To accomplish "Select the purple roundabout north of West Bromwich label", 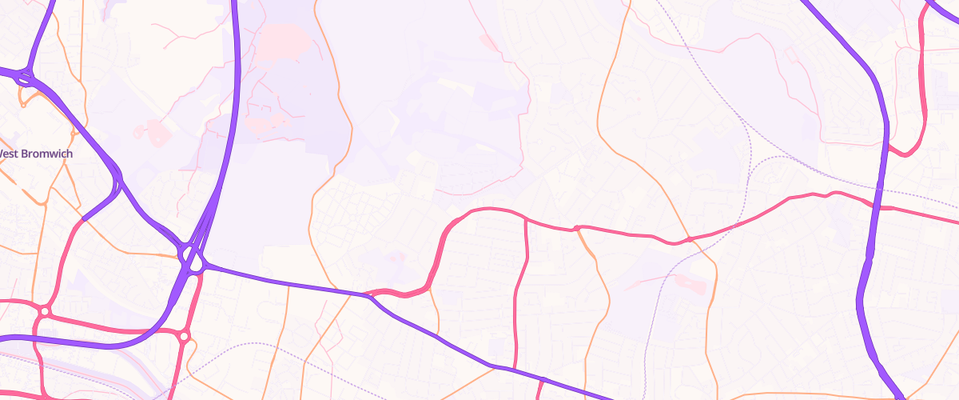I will [x=24, y=78].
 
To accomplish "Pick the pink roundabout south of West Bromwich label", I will [x=45, y=310].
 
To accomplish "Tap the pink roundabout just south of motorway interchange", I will [x=184, y=337].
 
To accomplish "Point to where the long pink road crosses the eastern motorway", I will [x=877, y=204].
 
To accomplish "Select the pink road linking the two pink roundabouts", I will [x=112, y=326].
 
